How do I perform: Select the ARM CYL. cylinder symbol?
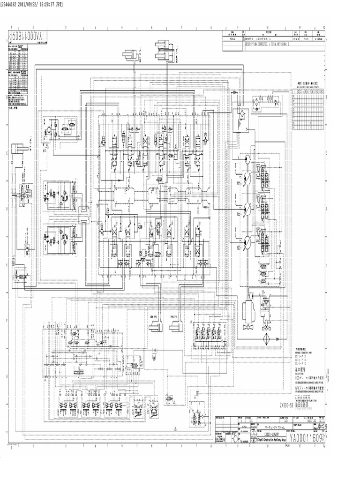tap(153, 323)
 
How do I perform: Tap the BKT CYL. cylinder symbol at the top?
tap(131, 57)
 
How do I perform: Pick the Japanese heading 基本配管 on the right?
tap(300, 357)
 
